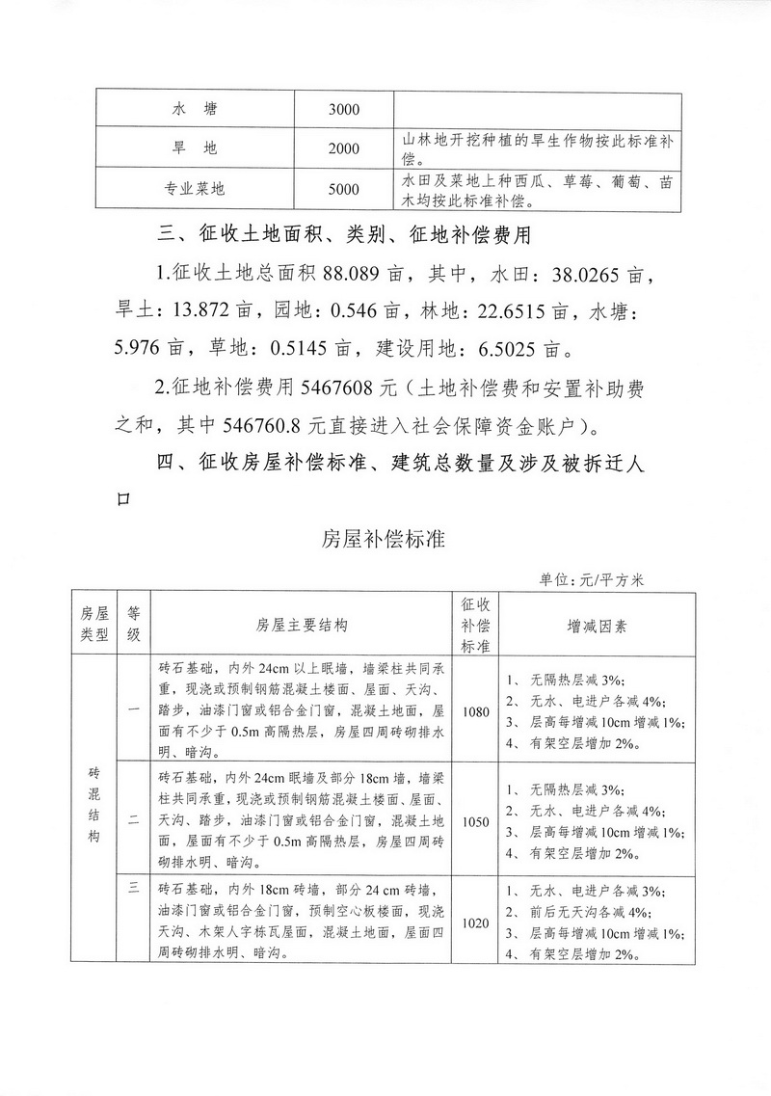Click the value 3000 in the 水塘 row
(343, 109)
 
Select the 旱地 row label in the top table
(197, 148)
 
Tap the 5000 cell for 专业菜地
(343, 189)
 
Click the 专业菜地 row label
(197, 189)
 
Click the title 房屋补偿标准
(384, 540)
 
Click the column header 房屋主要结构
(302, 625)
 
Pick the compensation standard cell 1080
(476, 712)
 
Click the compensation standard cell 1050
(476, 821)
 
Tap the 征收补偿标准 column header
(476, 625)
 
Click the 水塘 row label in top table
(197, 109)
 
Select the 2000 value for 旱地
(343, 148)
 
